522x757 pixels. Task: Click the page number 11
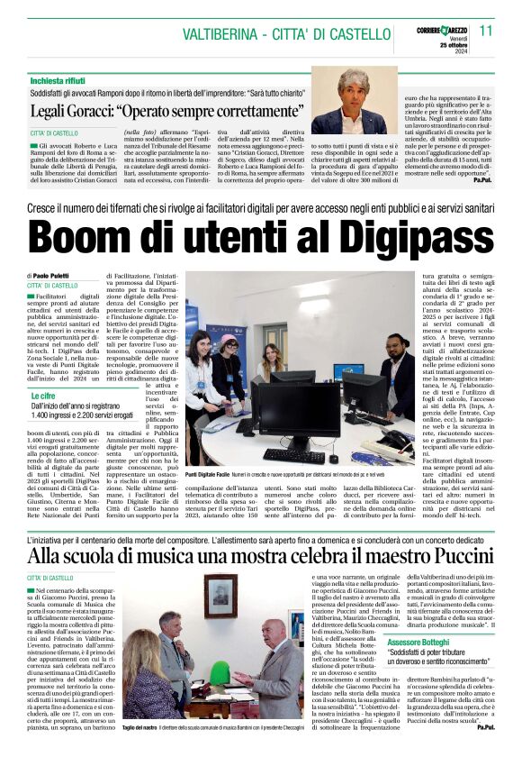(486, 31)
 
